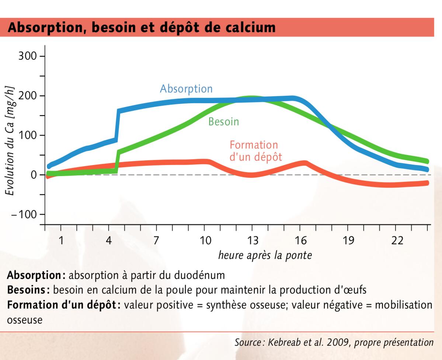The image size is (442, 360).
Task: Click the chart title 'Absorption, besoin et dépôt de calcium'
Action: pyautogui.click(x=142, y=27)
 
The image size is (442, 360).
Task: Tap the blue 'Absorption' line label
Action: pyautogui.click(x=186, y=89)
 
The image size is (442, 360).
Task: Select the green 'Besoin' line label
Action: pyautogui.click(x=224, y=121)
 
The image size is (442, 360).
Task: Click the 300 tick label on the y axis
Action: pyautogui.click(x=27, y=56)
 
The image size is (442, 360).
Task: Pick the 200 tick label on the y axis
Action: pyautogui.click(x=27, y=96)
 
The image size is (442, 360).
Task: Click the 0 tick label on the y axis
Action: pyautogui.click(x=34, y=175)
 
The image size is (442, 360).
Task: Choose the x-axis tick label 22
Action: pyautogui.click(x=397, y=241)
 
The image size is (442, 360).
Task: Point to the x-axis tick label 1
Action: pyautogui.click(x=61, y=241)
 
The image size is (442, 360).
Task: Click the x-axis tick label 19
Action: pyautogui.click(x=348, y=241)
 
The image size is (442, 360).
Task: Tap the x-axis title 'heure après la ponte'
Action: pyautogui.click(x=265, y=255)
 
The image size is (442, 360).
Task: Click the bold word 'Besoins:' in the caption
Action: pyautogui.click(x=28, y=290)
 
